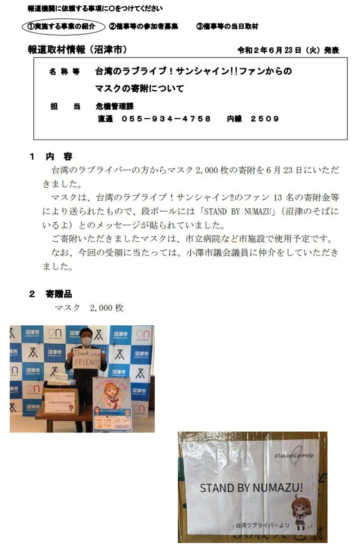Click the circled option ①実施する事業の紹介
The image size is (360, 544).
tap(63, 26)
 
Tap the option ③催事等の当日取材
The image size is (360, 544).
tap(227, 26)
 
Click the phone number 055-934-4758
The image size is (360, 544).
tap(166, 119)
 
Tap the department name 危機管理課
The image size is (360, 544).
tap(115, 107)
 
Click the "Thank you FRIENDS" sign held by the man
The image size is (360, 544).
tap(86, 358)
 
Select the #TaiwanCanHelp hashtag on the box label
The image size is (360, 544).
tap(293, 456)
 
